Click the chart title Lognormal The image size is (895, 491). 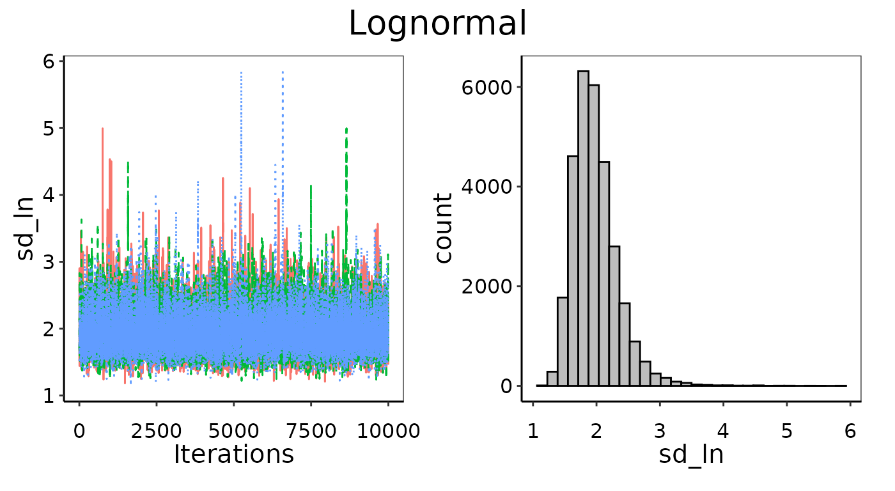pos(438,24)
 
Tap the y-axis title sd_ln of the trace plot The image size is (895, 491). pos(27,229)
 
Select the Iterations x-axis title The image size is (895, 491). pos(233,454)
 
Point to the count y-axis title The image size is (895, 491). pos(443,229)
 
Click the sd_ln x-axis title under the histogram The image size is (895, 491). pos(690,454)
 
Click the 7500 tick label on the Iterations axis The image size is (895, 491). pos(311,431)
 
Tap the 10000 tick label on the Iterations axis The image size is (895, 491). pos(388,431)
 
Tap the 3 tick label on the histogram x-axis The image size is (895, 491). pos(660,431)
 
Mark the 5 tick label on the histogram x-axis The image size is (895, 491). pos(786,431)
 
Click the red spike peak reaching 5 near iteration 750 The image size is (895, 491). pos(102,129)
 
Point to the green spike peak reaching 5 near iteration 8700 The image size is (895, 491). pos(346,129)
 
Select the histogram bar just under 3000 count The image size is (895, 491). pos(614,316)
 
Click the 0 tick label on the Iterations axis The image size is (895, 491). pos(79,431)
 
